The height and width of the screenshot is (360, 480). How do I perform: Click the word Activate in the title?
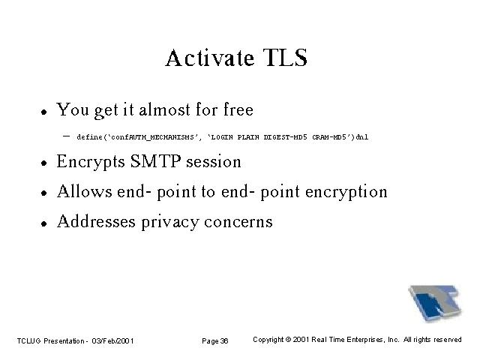(210, 58)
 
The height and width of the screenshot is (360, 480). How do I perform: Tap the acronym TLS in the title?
(285, 58)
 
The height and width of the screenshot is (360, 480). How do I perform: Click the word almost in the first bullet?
(165, 109)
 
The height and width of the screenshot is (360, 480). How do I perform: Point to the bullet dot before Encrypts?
(44, 163)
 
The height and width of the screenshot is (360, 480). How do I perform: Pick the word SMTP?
(155, 161)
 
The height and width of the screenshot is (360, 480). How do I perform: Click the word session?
(214, 162)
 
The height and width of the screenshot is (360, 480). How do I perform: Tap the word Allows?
(85, 191)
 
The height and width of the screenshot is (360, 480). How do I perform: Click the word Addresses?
(96, 221)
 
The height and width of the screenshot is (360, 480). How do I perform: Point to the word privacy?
(170, 222)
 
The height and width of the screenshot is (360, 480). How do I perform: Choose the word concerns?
(238, 222)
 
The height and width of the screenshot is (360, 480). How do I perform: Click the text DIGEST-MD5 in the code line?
(285, 136)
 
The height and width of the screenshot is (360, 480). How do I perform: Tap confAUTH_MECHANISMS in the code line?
(152, 137)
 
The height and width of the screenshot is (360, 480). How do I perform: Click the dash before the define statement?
(66, 136)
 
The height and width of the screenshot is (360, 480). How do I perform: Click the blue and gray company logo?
(435, 303)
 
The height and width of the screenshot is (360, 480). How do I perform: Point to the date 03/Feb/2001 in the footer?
(112, 340)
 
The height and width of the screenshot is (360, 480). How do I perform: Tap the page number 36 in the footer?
(224, 340)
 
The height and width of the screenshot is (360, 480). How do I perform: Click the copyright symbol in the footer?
(288, 340)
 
